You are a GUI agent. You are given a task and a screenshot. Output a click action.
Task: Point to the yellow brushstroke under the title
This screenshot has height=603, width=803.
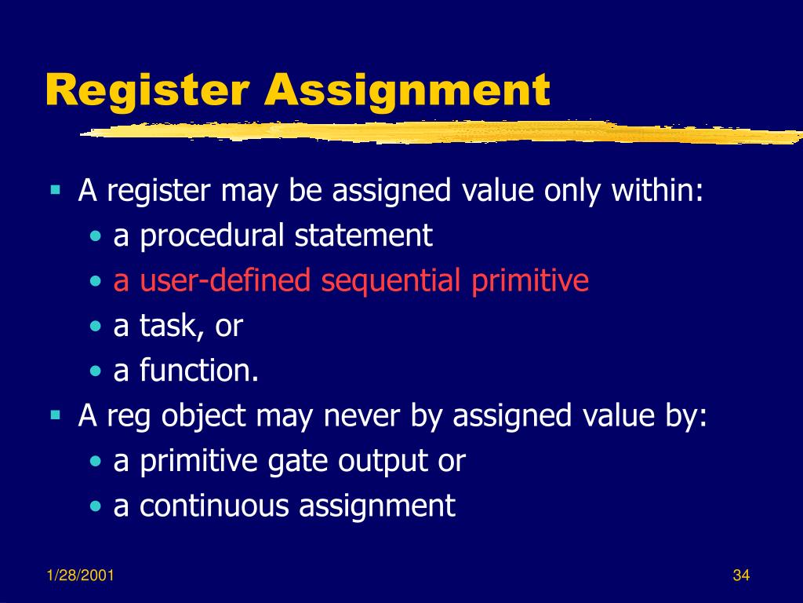(439, 133)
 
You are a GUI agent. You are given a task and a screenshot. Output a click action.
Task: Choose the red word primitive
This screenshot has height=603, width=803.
(530, 281)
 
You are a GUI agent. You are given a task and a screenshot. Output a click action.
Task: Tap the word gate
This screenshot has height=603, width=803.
(302, 462)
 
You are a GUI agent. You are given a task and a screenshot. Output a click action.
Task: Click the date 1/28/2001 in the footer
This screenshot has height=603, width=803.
(79, 576)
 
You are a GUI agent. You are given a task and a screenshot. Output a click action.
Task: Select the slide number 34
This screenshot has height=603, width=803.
(741, 576)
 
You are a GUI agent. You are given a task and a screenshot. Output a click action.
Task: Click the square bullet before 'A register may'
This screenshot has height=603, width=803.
(56, 189)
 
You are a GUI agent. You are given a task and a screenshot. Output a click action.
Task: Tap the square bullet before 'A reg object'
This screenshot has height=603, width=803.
(56, 415)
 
